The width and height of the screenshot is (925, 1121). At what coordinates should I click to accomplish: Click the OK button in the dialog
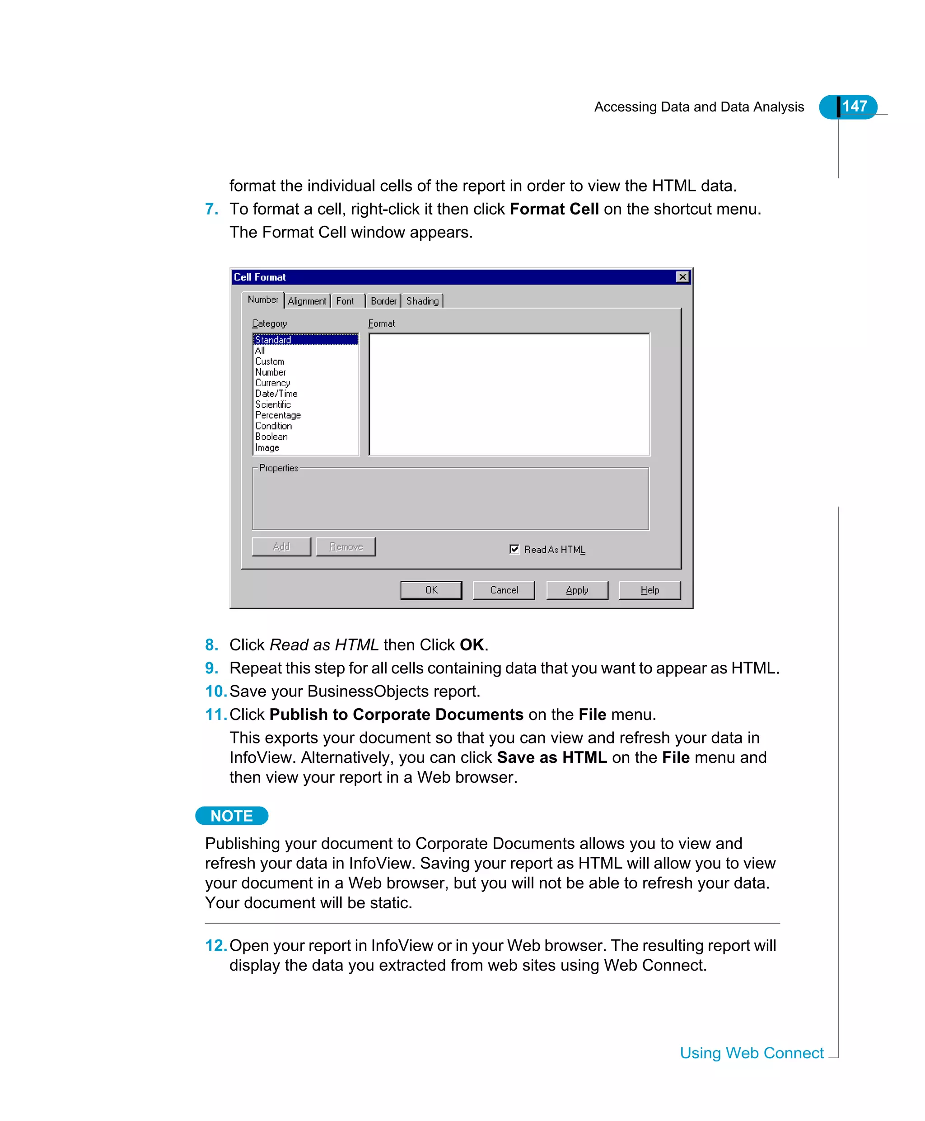click(430, 590)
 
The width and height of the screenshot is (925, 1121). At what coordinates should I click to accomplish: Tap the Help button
click(649, 590)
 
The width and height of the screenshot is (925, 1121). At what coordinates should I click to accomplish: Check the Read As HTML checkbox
click(514, 549)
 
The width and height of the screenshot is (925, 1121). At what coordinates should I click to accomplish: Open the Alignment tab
click(307, 301)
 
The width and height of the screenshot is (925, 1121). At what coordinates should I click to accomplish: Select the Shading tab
click(422, 301)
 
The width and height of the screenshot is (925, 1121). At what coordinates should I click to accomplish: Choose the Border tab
click(383, 301)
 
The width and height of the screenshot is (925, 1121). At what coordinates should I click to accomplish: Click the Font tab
click(345, 301)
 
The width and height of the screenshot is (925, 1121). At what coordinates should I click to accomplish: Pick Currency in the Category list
click(272, 383)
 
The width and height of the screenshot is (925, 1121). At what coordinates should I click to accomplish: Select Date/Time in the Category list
click(276, 393)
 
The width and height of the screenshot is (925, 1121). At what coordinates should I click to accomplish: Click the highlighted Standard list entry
click(273, 339)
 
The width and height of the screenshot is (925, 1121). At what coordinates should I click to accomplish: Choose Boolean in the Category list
click(271, 436)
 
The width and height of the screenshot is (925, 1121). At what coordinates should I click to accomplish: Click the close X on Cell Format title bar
click(682, 276)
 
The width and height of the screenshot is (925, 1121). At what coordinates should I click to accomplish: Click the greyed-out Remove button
click(346, 546)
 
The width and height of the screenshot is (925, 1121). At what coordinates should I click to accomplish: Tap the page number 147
click(854, 106)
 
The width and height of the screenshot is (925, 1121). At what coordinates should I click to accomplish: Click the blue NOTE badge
click(231, 815)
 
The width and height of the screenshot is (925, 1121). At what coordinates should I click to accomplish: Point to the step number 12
click(215, 945)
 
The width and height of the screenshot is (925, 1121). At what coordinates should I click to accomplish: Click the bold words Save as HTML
click(551, 757)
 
